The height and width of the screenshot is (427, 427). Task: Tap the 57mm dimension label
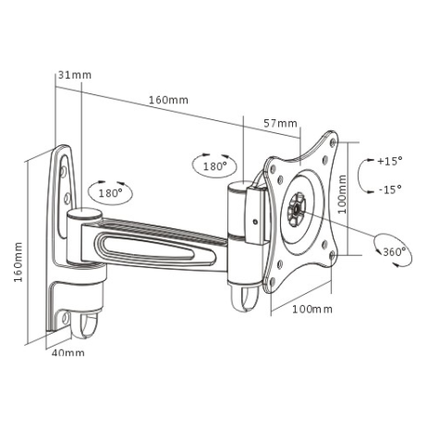tap(280, 123)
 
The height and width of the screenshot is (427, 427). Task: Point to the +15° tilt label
tap(389, 161)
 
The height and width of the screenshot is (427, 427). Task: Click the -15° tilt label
tap(389, 189)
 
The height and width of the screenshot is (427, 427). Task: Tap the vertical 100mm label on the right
tap(342, 195)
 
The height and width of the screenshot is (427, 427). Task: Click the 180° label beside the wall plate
tap(110, 193)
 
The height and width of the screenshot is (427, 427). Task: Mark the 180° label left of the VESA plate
tap(215, 167)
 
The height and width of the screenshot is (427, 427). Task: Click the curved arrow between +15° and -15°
tap(362, 175)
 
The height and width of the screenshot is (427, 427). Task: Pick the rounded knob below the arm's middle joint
tap(243, 297)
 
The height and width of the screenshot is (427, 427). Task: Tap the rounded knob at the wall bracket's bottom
tap(88, 324)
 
